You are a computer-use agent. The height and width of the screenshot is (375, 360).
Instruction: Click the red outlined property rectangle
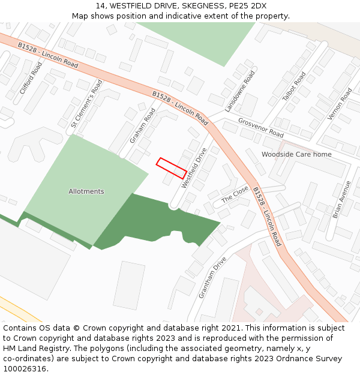171,168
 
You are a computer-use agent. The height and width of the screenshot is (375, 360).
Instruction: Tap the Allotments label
86,191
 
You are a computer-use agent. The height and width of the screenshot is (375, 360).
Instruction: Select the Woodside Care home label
296,154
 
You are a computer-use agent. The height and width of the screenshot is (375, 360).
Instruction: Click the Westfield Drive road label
194,167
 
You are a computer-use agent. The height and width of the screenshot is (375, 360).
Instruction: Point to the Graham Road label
142,125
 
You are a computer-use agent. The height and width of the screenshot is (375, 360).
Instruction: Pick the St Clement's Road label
87,104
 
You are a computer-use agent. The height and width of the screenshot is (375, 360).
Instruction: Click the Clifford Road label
31,78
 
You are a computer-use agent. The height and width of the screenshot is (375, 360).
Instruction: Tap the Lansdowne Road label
240,91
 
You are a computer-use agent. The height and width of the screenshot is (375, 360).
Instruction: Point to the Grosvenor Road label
260,127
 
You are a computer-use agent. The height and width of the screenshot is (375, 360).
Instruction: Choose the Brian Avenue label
341,199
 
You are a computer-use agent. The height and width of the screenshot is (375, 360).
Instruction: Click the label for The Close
235,194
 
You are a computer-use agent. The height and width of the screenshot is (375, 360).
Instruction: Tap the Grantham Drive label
212,278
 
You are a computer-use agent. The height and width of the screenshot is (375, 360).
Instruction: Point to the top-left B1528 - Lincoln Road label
48,55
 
